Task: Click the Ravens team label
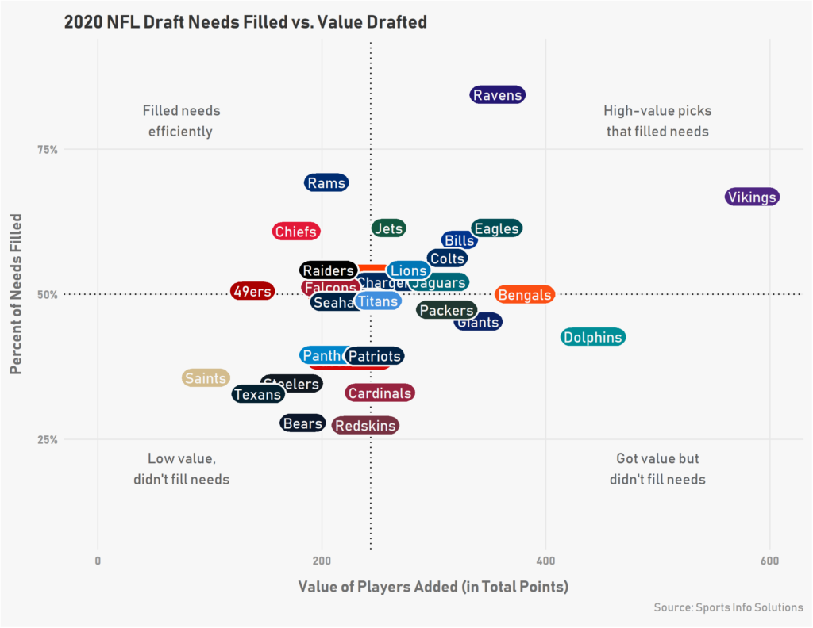pyautogui.click(x=498, y=95)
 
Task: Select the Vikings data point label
pyautogui.click(x=752, y=197)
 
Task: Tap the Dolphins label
pyautogui.click(x=593, y=337)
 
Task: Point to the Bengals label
pyautogui.click(x=524, y=295)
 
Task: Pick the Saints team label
pyautogui.click(x=206, y=378)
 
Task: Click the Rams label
pyautogui.click(x=326, y=183)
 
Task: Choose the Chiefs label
pyautogui.click(x=295, y=232)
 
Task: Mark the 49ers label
pyautogui.click(x=252, y=291)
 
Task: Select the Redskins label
pyautogui.click(x=365, y=426)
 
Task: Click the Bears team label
pyautogui.click(x=302, y=423)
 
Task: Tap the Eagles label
pyautogui.click(x=496, y=229)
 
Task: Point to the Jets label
pyautogui.click(x=389, y=228)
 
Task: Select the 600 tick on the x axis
pyautogui.click(x=769, y=561)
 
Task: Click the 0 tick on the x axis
pyautogui.click(x=98, y=561)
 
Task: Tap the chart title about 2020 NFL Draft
pyautogui.click(x=245, y=22)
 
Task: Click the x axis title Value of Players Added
pyautogui.click(x=433, y=588)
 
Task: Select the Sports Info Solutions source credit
pyautogui.click(x=728, y=607)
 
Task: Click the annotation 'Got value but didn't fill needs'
pyautogui.click(x=657, y=469)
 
